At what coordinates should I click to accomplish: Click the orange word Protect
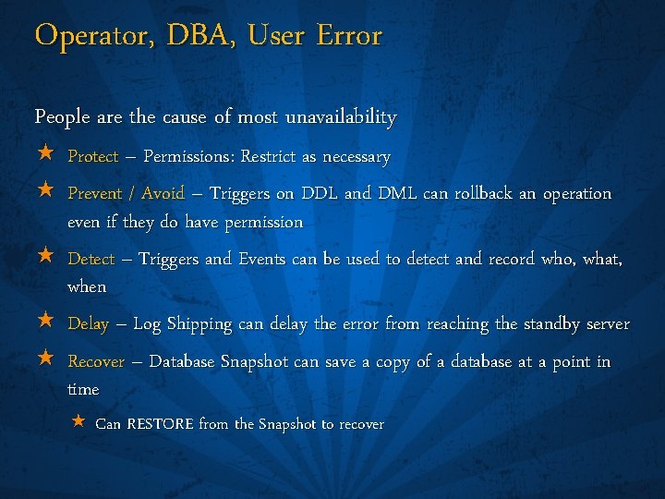pyautogui.click(x=92, y=157)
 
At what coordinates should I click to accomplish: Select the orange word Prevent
pyautogui.click(x=95, y=194)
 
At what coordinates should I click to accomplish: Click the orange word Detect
pyautogui.click(x=91, y=260)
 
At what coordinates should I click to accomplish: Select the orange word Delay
pyautogui.click(x=89, y=324)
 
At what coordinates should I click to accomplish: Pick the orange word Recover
pyautogui.click(x=96, y=362)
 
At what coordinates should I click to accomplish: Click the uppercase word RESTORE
pyautogui.click(x=160, y=424)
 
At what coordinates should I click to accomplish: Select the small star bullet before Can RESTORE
pyautogui.click(x=79, y=422)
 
